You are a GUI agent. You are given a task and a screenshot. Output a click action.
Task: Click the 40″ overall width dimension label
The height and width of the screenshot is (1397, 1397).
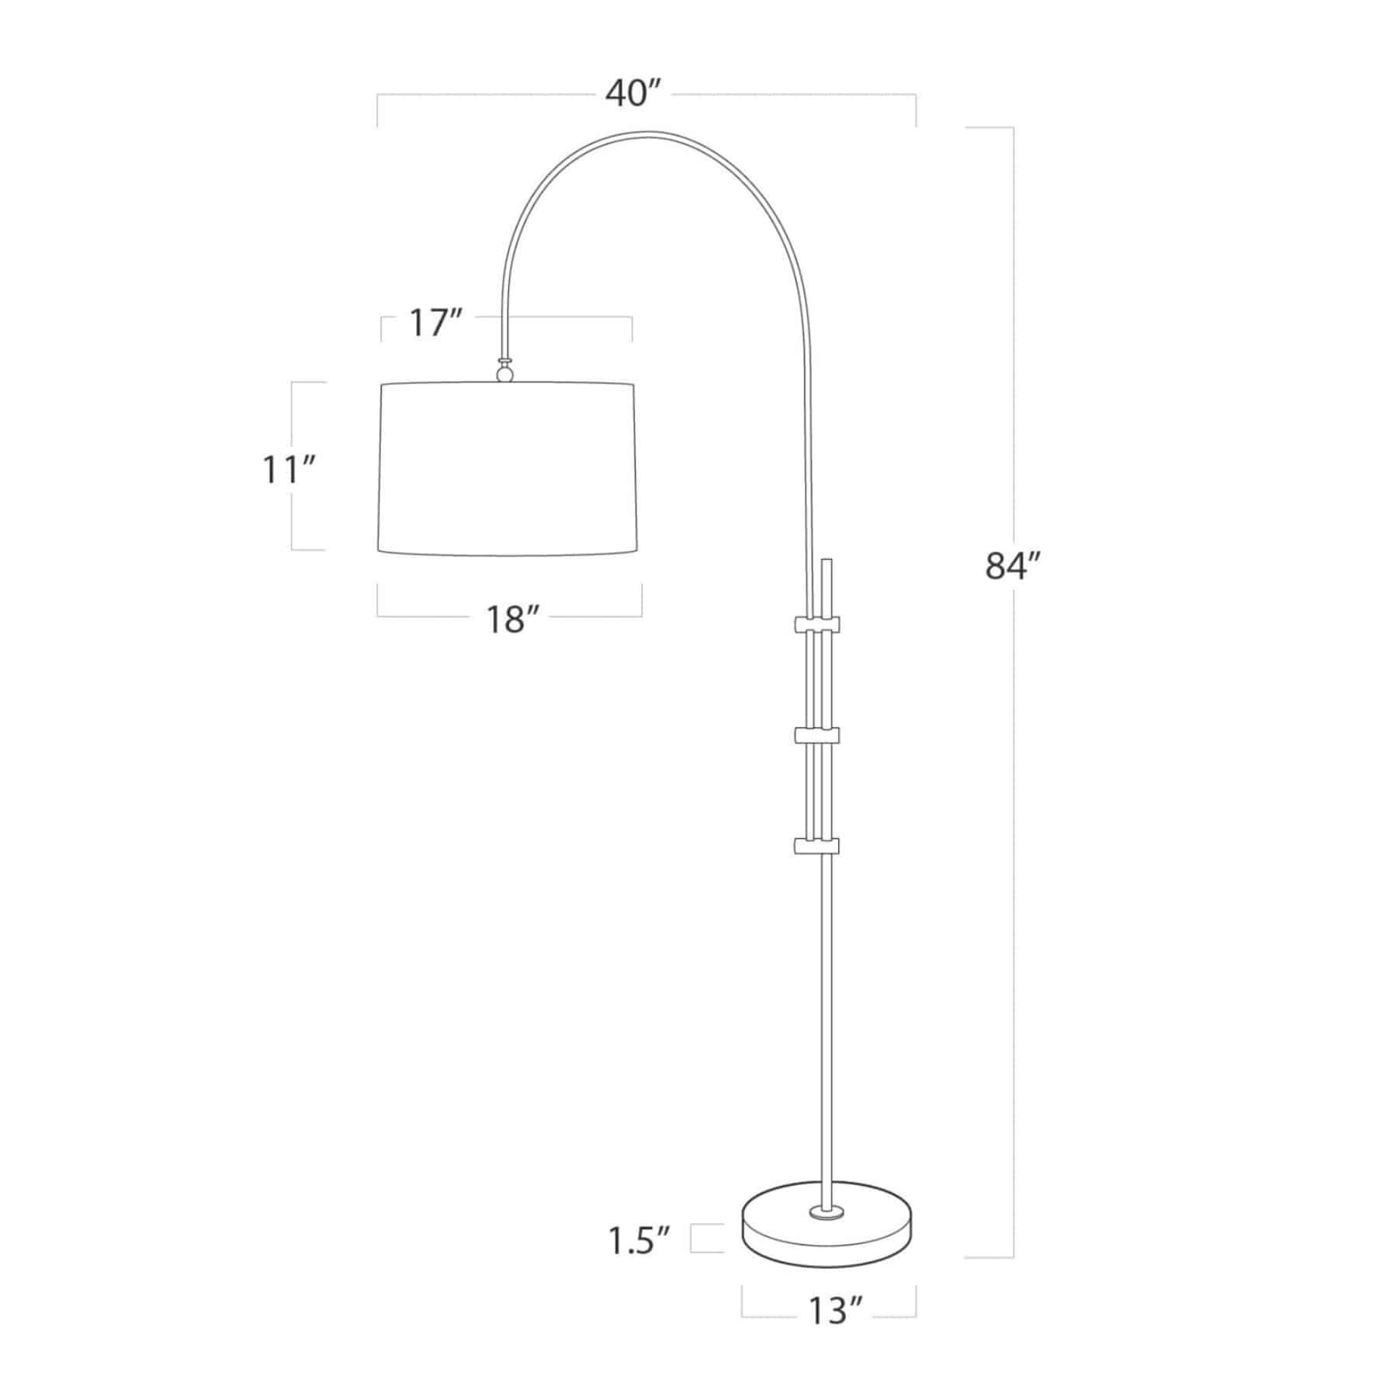click(633, 95)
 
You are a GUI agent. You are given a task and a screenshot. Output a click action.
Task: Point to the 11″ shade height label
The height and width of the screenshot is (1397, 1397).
click(289, 469)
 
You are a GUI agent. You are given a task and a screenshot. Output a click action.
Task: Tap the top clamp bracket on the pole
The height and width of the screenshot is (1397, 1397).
click(816, 624)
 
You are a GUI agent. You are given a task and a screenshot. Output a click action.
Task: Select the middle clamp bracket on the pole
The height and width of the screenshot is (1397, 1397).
click(816, 734)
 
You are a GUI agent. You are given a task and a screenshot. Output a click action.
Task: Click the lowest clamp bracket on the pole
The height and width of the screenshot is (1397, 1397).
click(816, 845)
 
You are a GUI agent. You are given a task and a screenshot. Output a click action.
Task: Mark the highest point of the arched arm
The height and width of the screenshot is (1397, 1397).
click(650, 133)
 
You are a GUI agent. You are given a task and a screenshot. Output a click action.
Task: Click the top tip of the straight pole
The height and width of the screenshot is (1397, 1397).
click(827, 558)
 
